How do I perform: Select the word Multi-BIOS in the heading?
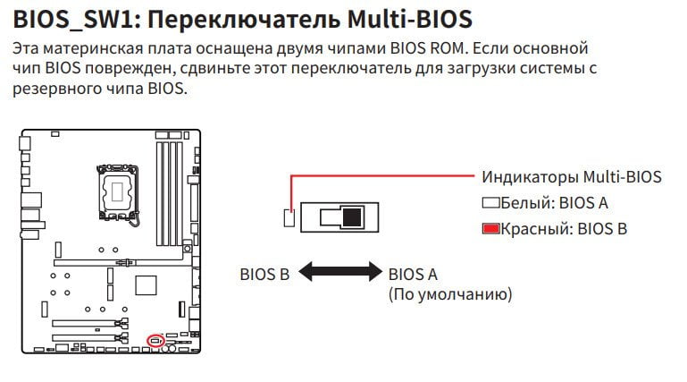coord(410,20)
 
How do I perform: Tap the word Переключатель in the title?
coord(244,20)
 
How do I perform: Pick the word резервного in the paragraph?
coord(56,89)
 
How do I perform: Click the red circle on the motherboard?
coord(155,340)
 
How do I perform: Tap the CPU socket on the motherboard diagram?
coord(117,192)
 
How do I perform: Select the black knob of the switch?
coord(352,217)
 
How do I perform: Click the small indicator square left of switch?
coord(289,218)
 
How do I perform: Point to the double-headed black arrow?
coord(340,272)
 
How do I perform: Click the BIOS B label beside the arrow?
coord(264,275)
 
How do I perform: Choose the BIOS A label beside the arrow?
coord(413,275)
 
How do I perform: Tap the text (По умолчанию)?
coord(450,293)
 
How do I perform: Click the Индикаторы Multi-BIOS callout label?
coord(572,177)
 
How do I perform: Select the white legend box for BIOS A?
coord(490,202)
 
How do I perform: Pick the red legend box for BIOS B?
coord(490,228)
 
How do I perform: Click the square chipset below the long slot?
coord(146,285)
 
